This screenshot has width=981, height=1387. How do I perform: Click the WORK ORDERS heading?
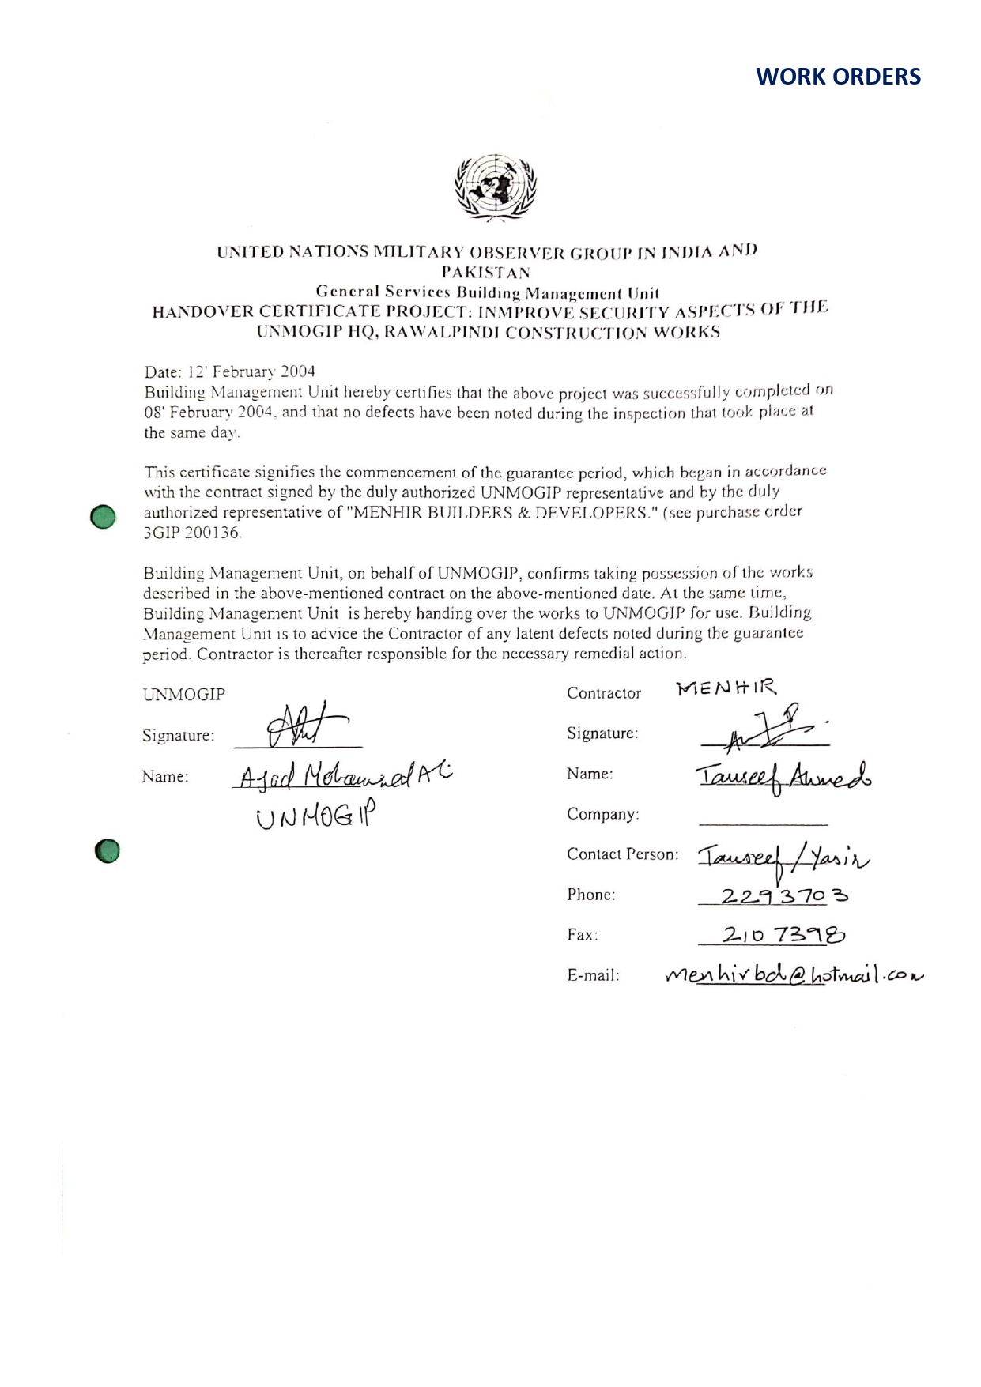click(x=838, y=77)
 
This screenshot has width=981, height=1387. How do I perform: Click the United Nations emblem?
click(x=495, y=187)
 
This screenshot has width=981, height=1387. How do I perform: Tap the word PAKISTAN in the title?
click(x=485, y=273)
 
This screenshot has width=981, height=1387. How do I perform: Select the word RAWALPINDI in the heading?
click(x=442, y=333)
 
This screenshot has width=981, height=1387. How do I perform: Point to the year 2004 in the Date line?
click(x=297, y=371)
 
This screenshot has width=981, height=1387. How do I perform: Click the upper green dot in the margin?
click(x=104, y=516)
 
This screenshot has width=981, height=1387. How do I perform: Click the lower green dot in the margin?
click(x=107, y=850)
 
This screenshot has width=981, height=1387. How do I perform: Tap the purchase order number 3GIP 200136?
click(x=192, y=533)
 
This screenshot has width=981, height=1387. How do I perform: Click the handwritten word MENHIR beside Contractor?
click(x=726, y=688)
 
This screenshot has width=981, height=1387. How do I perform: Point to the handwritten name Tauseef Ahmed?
click(x=783, y=776)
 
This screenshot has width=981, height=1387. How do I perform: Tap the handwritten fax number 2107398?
click(x=783, y=935)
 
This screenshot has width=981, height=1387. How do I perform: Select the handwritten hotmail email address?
click(x=794, y=975)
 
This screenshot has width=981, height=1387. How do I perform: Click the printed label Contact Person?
click(x=622, y=854)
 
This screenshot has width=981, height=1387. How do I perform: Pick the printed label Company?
click(x=602, y=814)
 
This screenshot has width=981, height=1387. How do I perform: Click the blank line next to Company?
click(x=763, y=822)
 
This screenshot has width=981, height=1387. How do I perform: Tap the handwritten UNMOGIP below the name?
click(x=315, y=816)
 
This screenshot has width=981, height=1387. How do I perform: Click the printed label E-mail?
click(x=593, y=975)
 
